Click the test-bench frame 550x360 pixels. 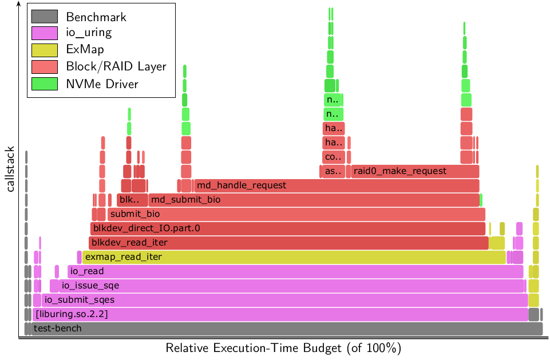(x=283, y=329)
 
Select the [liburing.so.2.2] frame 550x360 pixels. (x=280, y=314)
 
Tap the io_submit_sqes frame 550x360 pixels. (x=284, y=300)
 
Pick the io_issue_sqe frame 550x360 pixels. (x=287, y=286)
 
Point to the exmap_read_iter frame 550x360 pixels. (x=294, y=257)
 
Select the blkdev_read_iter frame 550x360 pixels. (x=288, y=243)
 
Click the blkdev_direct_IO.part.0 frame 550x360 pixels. (x=288, y=228)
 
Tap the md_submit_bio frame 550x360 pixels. (x=314, y=200)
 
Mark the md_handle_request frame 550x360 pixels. (x=336, y=185)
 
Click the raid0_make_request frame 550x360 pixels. (x=415, y=171)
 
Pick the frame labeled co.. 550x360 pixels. (x=333, y=157)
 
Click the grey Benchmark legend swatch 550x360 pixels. (x=45, y=17)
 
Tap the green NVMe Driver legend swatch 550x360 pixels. (x=45, y=84)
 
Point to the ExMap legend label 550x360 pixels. (x=85, y=50)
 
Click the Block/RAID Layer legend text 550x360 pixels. (x=116, y=67)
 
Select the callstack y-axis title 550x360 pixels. (x=11, y=168)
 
